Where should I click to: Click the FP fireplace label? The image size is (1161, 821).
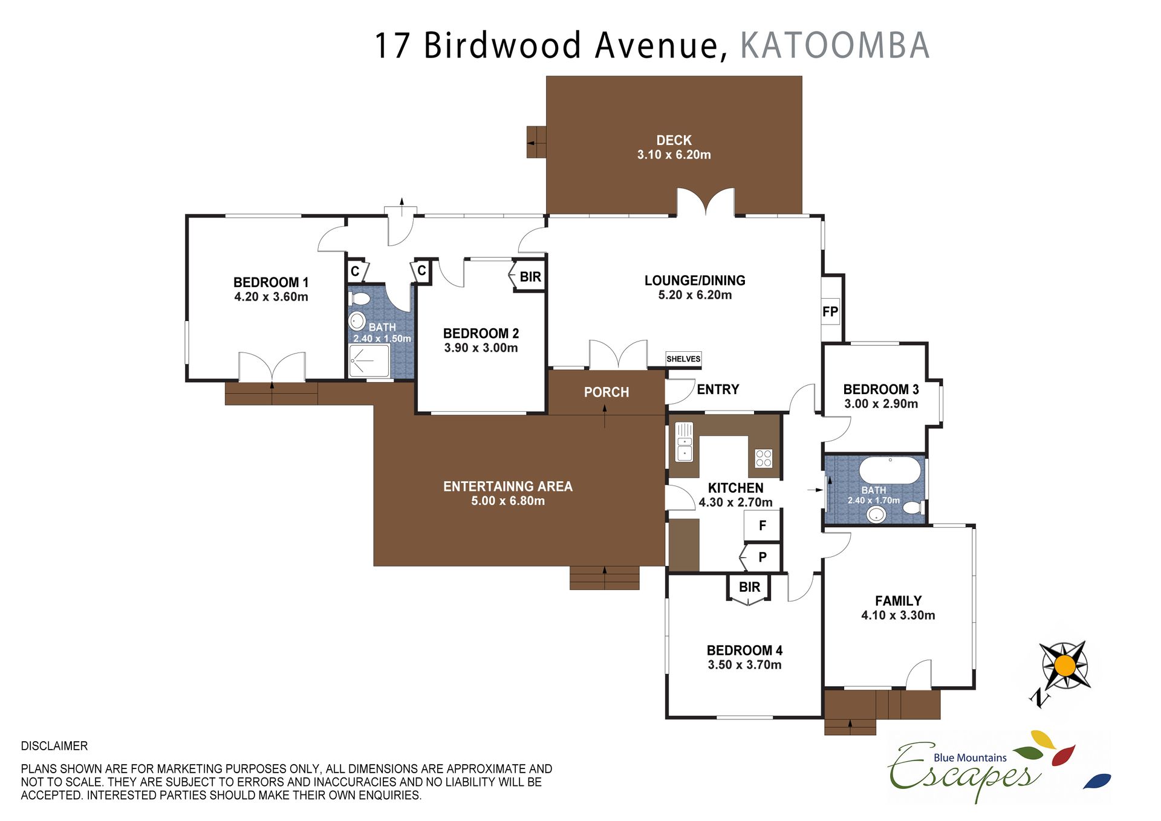click(830, 312)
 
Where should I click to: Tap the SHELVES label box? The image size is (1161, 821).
click(683, 359)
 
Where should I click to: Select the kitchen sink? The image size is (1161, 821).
click(685, 442)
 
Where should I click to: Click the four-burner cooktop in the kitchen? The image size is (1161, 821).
click(764, 458)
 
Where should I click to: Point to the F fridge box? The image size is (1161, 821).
click(762, 525)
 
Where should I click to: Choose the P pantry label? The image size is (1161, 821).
click(763, 557)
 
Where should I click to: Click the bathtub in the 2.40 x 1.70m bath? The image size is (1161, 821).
click(890, 470)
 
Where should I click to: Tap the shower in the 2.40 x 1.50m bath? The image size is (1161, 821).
click(369, 361)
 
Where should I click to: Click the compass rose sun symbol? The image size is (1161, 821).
click(1065, 666)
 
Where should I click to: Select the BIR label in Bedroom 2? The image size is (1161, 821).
click(530, 277)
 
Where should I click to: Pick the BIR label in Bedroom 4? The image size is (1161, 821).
click(749, 587)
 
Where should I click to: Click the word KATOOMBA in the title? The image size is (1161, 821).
click(835, 45)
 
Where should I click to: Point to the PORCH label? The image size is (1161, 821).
click(607, 392)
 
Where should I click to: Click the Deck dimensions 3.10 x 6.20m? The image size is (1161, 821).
click(674, 155)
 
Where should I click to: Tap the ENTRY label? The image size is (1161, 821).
click(718, 389)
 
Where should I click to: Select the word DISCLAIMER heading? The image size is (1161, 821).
click(54, 746)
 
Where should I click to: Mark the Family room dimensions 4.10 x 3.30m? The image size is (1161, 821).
click(898, 615)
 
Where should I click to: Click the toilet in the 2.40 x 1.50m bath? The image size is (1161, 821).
click(360, 299)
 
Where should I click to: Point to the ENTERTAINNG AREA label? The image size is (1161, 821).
click(508, 487)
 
